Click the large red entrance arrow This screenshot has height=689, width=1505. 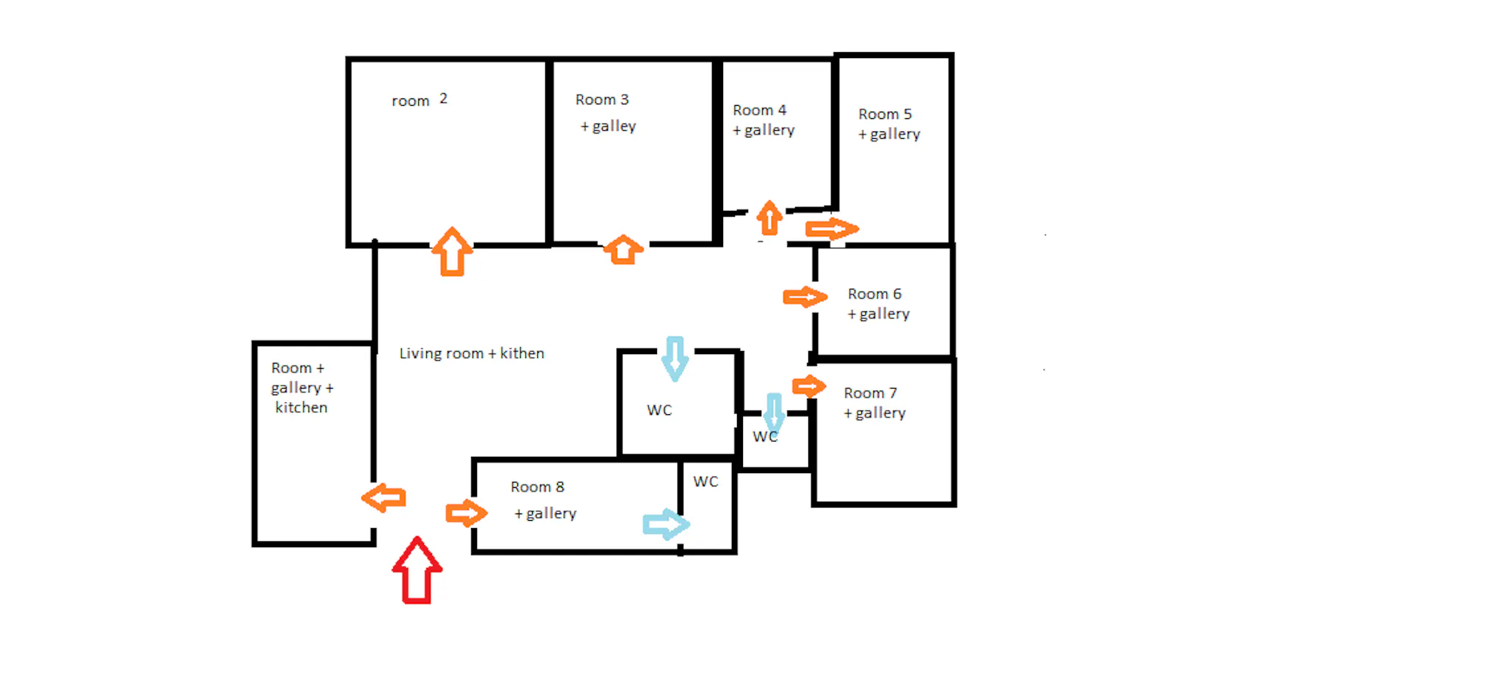(417, 571)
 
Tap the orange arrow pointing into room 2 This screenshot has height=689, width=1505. (452, 252)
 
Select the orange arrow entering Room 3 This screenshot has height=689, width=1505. (623, 250)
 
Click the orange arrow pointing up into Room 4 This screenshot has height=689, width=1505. (769, 218)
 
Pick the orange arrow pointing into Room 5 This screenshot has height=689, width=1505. (832, 229)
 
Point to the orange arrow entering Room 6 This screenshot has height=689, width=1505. (805, 297)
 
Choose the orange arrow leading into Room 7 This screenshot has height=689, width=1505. (809, 386)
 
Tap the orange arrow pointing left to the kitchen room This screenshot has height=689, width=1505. (384, 498)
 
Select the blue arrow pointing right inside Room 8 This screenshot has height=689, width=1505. (667, 524)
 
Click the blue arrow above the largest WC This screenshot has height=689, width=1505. (675, 358)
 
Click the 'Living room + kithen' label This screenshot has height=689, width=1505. (472, 353)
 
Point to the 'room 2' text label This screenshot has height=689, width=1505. (420, 100)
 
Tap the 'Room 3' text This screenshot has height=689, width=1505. (602, 99)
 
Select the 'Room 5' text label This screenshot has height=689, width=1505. (885, 114)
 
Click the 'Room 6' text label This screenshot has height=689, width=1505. (874, 294)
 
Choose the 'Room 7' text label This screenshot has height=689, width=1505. (870, 393)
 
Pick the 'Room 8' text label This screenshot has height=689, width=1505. (537, 487)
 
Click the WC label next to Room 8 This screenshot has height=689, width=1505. (705, 482)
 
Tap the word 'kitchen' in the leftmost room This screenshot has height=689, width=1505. (301, 408)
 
